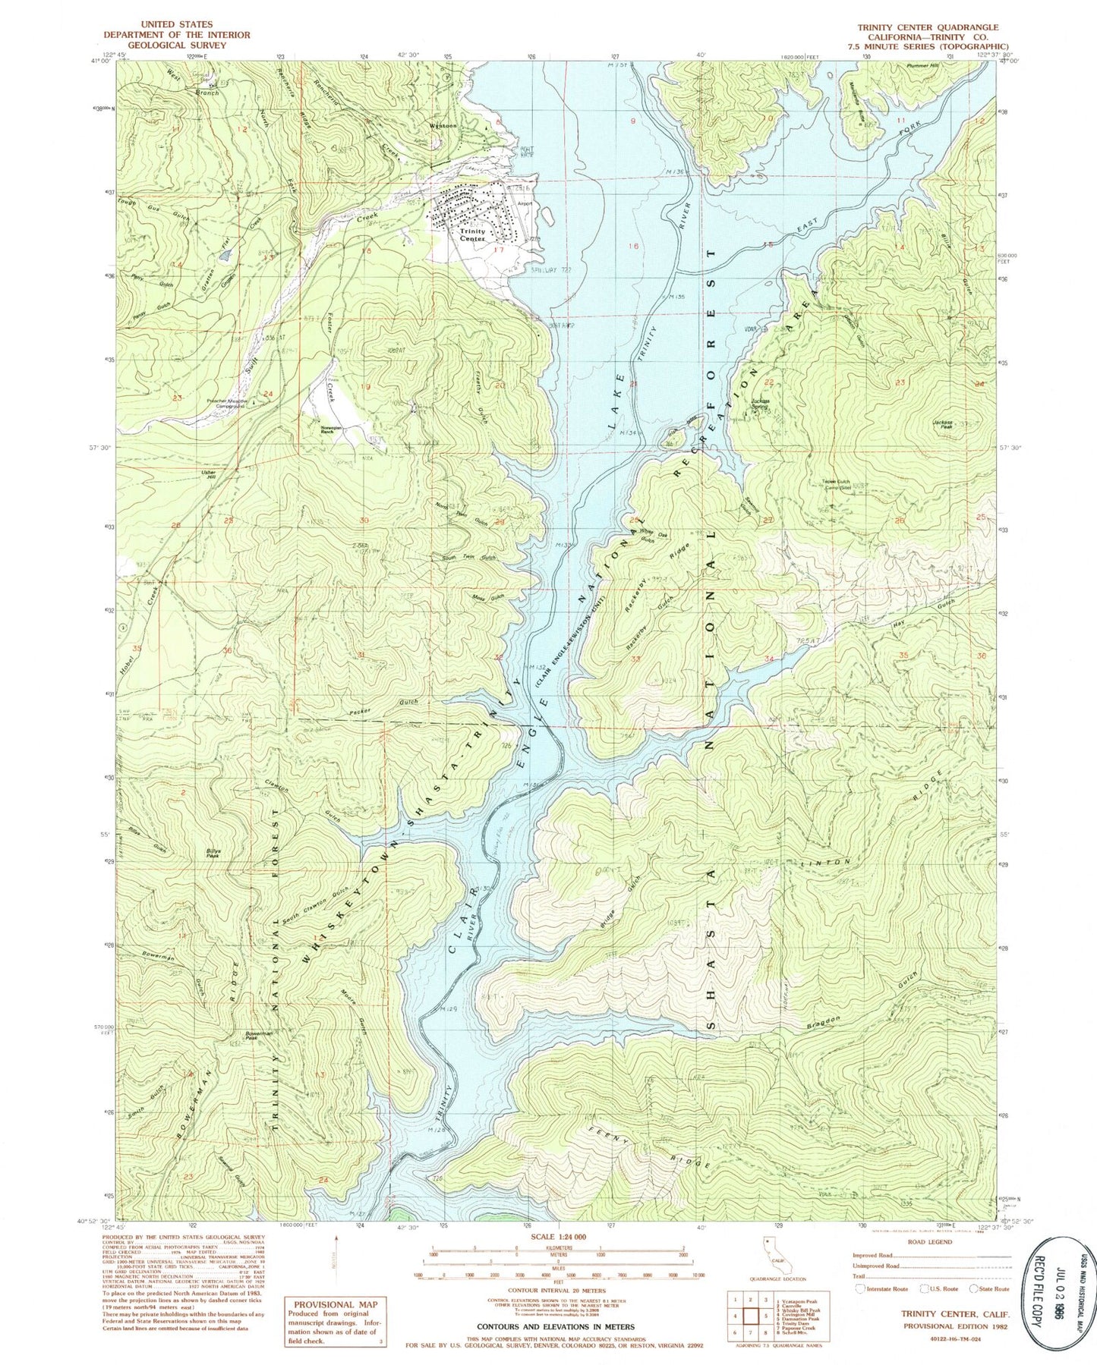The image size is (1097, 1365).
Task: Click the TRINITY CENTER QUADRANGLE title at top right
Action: [x=928, y=27]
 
